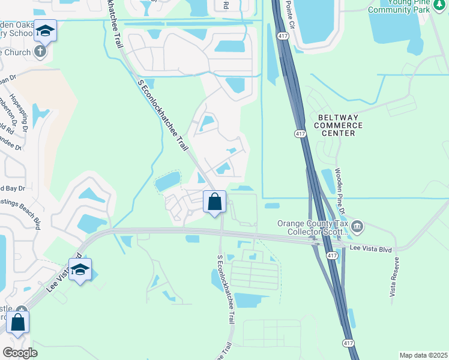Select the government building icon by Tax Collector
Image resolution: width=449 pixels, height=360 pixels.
[357, 226]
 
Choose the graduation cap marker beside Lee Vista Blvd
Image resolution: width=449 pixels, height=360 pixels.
[79, 271]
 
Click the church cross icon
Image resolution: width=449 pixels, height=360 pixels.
[41, 51]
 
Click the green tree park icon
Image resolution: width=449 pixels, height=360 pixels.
[439, 6]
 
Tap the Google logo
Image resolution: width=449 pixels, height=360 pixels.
[20, 353]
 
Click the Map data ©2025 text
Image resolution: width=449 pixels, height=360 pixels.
[423, 355]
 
